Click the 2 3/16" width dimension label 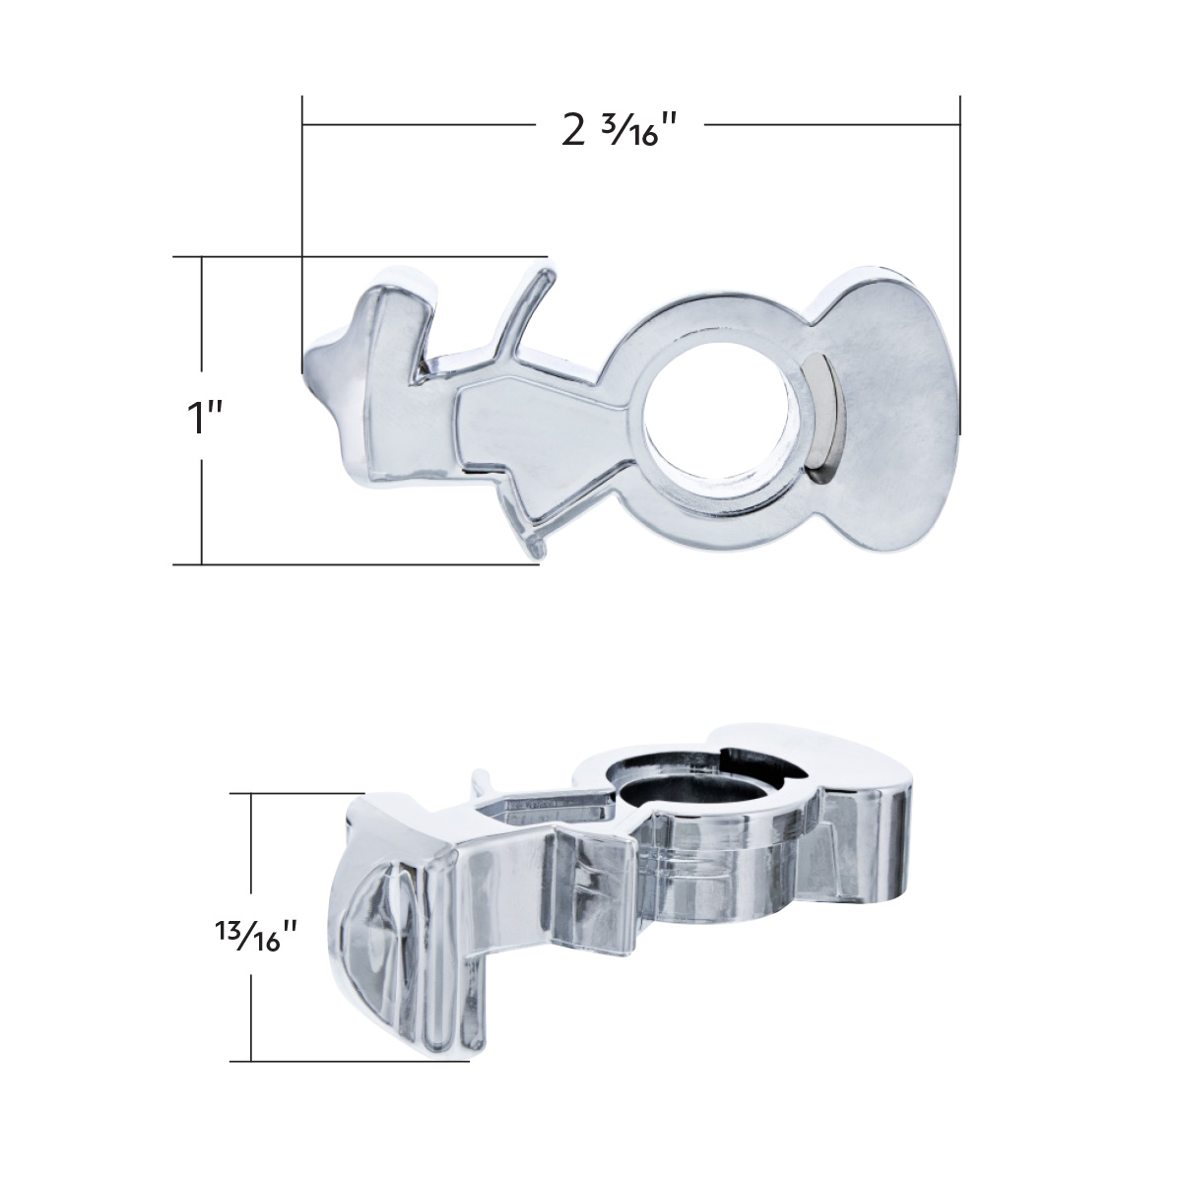pyautogui.click(x=620, y=129)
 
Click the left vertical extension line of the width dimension pyautogui.click(x=302, y=227)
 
